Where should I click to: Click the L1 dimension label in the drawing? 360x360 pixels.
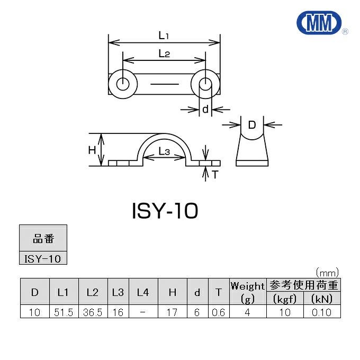164,36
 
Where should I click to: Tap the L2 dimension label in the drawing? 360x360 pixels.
164,53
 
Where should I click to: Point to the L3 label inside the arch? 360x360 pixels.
164,152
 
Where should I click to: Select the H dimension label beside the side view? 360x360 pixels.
92,150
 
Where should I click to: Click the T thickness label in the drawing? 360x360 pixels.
215,174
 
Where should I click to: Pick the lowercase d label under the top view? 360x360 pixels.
205,110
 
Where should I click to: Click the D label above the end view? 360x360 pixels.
252,125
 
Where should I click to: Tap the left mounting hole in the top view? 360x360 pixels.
122,84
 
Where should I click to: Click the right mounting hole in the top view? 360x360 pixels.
205,84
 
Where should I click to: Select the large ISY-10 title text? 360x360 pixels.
165,211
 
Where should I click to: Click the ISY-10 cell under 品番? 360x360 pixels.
43,258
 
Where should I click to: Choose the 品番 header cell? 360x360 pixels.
43,239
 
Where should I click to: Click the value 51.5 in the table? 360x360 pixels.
63,312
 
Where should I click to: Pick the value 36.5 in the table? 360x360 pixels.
93,312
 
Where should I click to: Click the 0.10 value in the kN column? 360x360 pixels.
321,312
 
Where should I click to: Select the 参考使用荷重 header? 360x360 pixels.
304,285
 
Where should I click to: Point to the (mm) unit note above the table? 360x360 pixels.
327,272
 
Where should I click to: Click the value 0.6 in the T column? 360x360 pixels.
218,312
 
